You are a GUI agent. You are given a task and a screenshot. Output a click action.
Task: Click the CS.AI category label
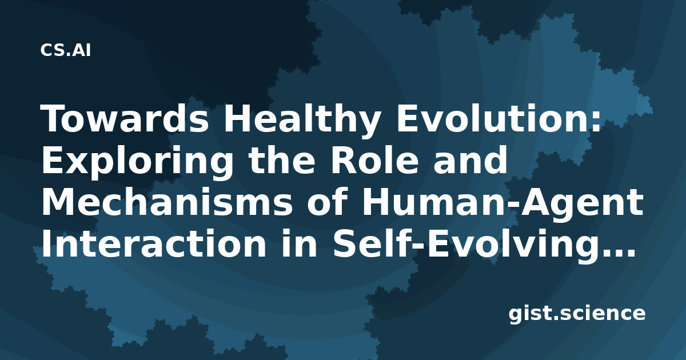click(x=66, y=50)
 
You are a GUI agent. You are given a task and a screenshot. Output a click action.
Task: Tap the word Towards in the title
click(x=125, y=118)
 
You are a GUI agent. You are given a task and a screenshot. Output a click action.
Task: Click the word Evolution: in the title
click(x=499, y=118)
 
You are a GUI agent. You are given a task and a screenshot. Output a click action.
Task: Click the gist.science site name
click(x=577, y=314)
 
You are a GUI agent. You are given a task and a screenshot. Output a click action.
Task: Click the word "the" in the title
click(x=282, y=160)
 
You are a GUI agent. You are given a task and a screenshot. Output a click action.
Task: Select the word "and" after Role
click(x=470, y=160)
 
